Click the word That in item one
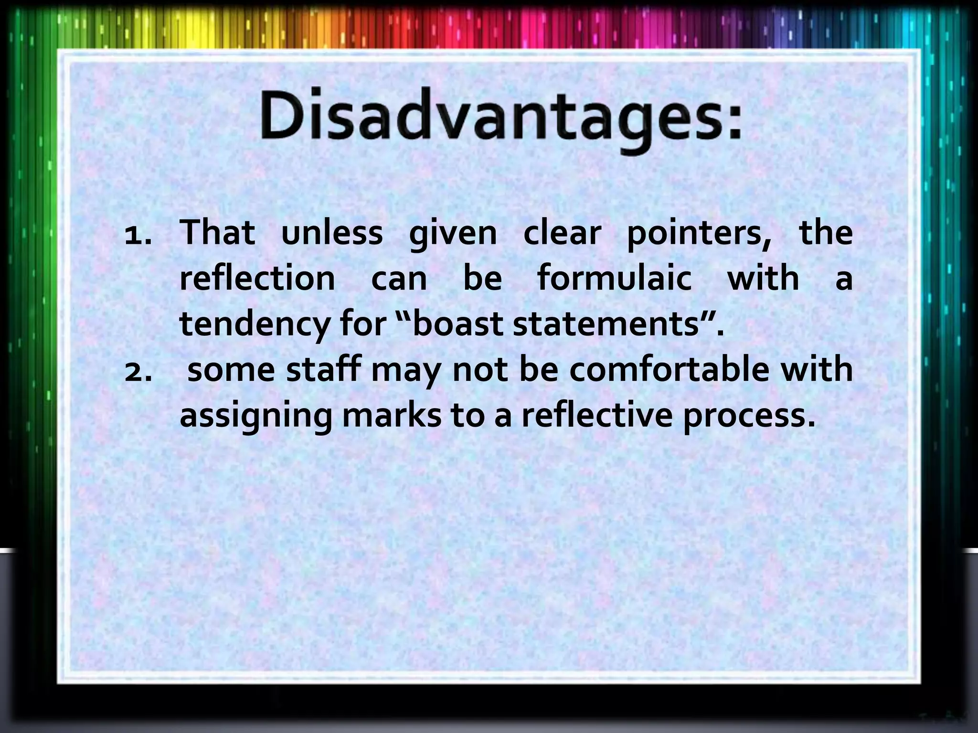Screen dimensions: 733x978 [x=217, y=233]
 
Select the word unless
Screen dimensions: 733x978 [x=332, y=233]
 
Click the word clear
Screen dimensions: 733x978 [x=562, y=233]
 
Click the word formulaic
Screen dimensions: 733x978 [x=615, y=278]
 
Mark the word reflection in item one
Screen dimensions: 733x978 [x=257, y=278]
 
